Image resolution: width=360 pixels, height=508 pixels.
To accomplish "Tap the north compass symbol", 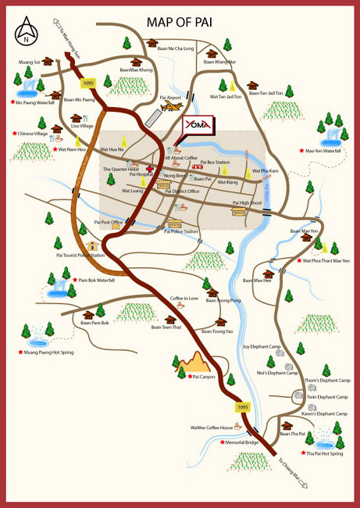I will point(27,31).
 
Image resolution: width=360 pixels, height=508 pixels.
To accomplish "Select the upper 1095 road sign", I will point(87,83).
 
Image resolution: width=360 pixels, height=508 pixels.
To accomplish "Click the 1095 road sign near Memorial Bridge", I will point(242,407).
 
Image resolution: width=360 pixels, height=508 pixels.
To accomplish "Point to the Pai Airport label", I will point(169,98).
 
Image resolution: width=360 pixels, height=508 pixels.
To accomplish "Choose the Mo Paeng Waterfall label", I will point(36,102).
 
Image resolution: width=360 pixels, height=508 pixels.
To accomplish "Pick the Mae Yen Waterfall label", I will point(323,150).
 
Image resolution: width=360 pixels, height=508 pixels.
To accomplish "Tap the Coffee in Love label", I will point(186,298).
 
